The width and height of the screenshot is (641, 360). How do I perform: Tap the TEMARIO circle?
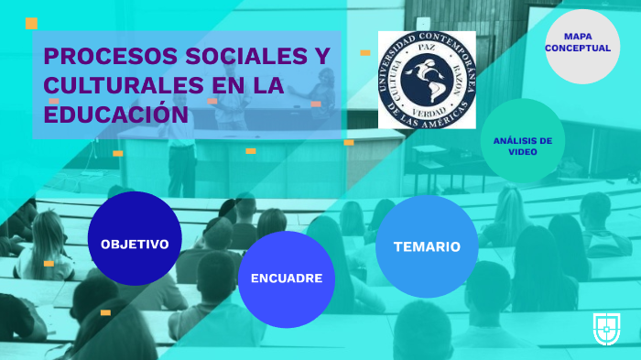click(x=427, y=245)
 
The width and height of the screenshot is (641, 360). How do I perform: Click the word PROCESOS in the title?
click(x=98, y=57)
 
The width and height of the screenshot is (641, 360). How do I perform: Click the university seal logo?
click(x=427, y=80)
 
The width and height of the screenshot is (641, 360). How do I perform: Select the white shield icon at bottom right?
click(x=607, y=328)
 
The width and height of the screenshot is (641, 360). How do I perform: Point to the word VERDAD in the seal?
click(x=427, y=107)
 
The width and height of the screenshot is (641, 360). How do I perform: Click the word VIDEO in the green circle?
click(x=522, y=152)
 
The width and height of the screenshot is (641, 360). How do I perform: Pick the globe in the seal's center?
click(x=427, y=78)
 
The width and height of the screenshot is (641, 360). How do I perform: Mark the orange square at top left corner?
click(x=31, y=23)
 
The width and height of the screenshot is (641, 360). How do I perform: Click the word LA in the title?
click(x=267, y=85)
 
